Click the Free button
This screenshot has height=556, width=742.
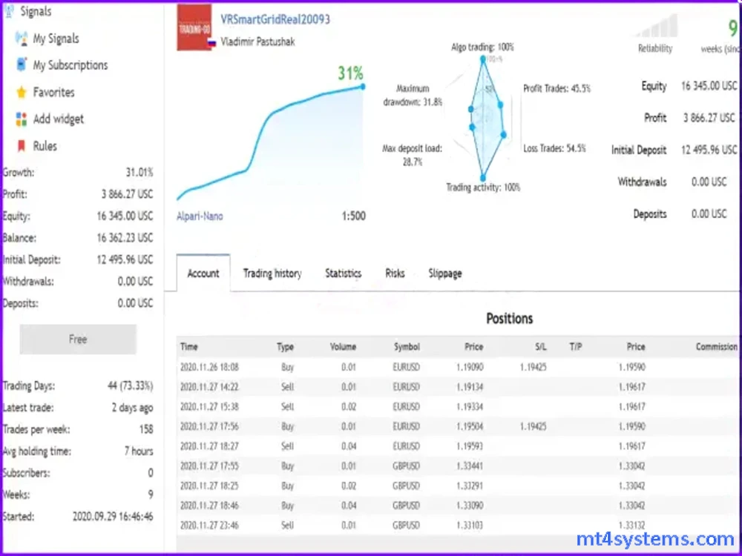click(x=78, y=340)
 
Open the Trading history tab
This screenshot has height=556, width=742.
click(x=272, y=274)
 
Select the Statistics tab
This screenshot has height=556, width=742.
click(x=343, y=274)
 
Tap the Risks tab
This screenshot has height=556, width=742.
click(x=395, y=274)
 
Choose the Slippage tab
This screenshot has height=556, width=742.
click(x=445, y=274)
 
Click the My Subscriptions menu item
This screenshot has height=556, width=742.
click(x=70, y=65)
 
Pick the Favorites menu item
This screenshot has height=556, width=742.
click(x=53, y=93)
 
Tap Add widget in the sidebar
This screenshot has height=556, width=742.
click(x=58, y=119)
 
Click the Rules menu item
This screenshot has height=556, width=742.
click(x=45, y=146)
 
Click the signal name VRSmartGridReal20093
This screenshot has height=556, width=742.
click(x=275, y=20)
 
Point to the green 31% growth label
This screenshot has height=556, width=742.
click(x=350, y=73)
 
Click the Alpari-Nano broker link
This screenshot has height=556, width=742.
click(x=200, y=216)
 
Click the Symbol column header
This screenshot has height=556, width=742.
click(x=407, y=346)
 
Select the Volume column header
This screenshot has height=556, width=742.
click(x=343, y=346)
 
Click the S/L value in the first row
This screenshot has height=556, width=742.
click(x=533, y=366)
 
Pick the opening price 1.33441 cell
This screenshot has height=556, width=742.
click(x=470, y=466)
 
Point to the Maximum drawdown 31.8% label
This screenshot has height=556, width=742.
click(x=413, y=95)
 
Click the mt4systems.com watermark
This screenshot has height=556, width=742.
click(x=655, y=539)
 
